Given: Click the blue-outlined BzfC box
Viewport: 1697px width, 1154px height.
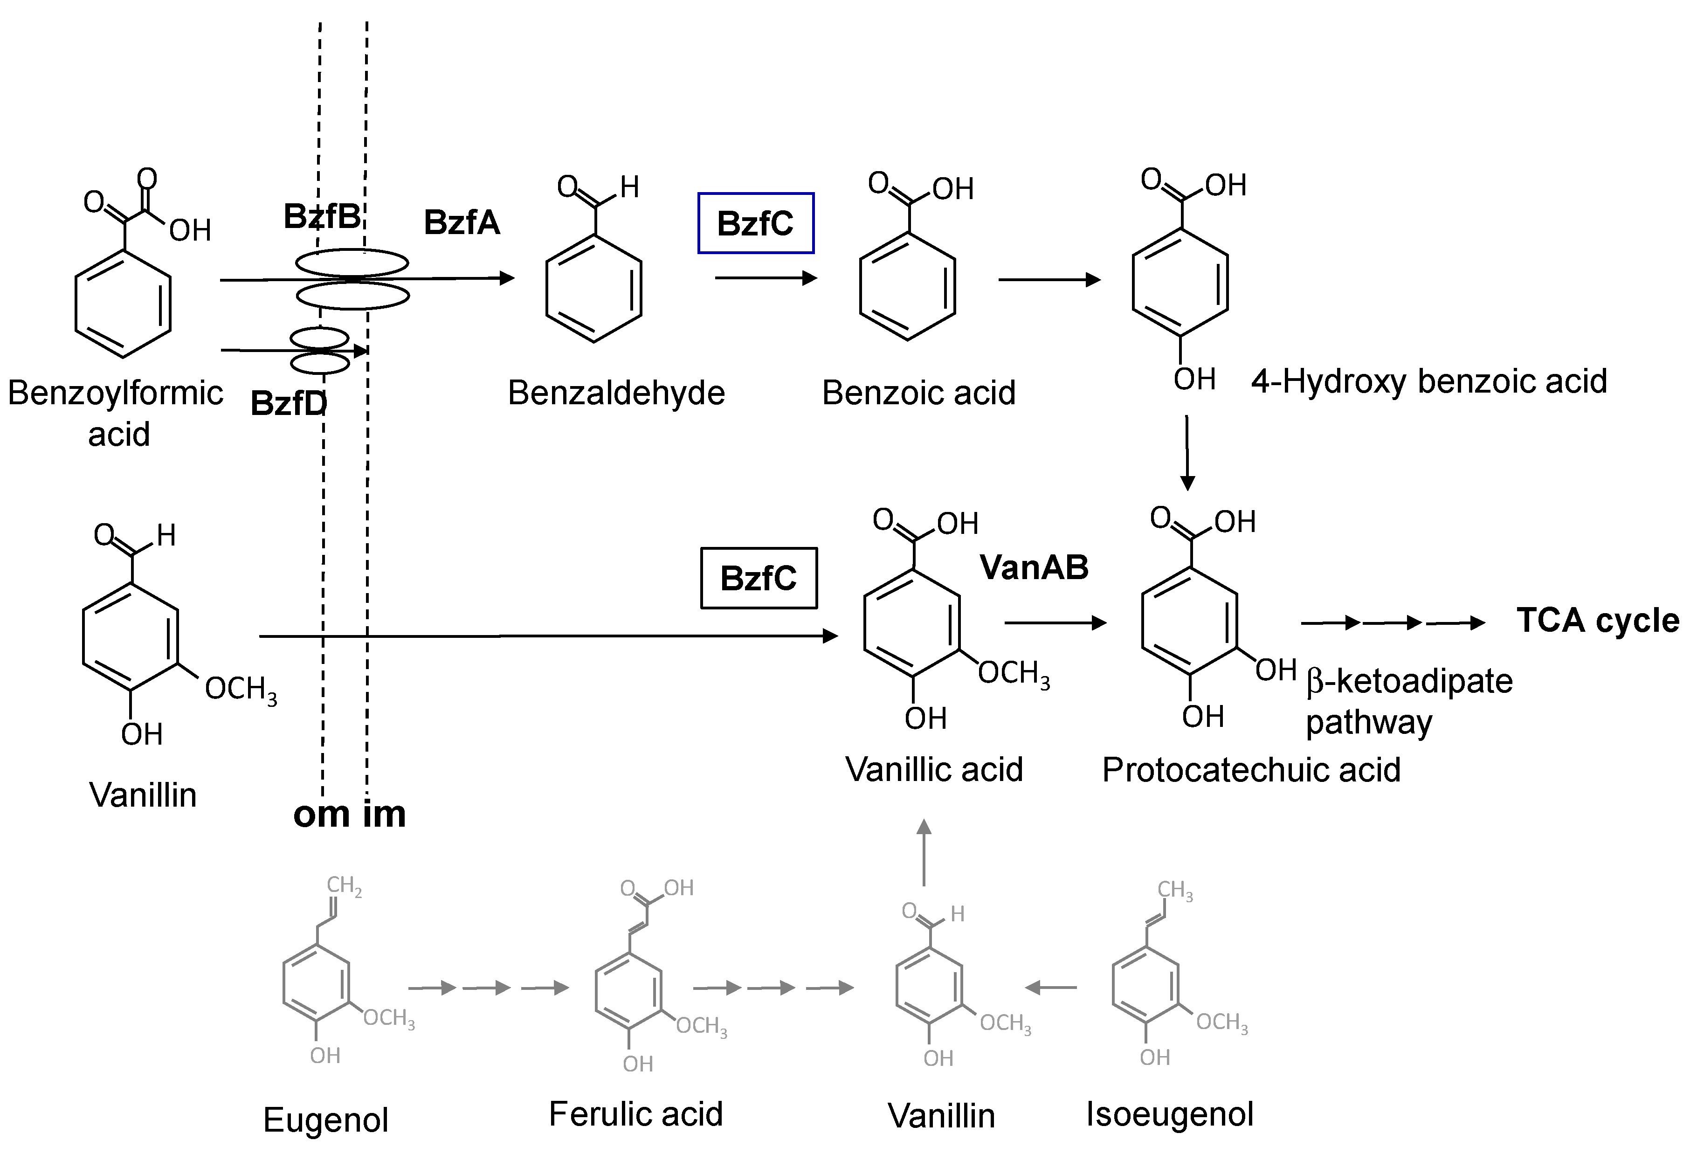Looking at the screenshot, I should tap(756, 223).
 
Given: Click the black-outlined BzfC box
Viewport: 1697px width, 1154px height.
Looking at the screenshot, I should tap(759, 578).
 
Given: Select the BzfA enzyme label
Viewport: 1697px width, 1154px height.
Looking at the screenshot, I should tap(462, 222).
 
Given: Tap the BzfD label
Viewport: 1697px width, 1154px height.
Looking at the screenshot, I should tap(289, 403).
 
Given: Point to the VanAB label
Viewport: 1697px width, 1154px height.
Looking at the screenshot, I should tap(1034, 567).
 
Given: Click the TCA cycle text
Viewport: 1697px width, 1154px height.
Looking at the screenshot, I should tap(1598, 620).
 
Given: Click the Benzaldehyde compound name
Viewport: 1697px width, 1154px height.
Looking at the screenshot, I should tap(616, 393).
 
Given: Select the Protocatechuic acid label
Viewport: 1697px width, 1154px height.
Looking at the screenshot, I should tap(1251, 770).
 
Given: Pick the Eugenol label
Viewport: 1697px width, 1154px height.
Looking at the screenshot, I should tap(326, 1119).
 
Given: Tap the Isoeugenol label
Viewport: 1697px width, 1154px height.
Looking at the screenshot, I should tap(1170, 1114).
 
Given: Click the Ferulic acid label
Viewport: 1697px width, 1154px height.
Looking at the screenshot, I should tap(635, 1114).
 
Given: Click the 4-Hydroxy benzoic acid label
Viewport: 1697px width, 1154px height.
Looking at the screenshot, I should tap(1428, 381).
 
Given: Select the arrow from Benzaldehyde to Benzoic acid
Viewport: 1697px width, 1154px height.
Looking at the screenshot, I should tap(765, 278).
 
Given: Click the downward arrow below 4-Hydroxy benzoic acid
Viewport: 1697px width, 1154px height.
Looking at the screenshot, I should tap(1187, 453).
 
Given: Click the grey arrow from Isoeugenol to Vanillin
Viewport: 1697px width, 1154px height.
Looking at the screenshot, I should tap(1051, 988).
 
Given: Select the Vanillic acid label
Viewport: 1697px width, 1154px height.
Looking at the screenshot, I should tap(934, 769).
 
